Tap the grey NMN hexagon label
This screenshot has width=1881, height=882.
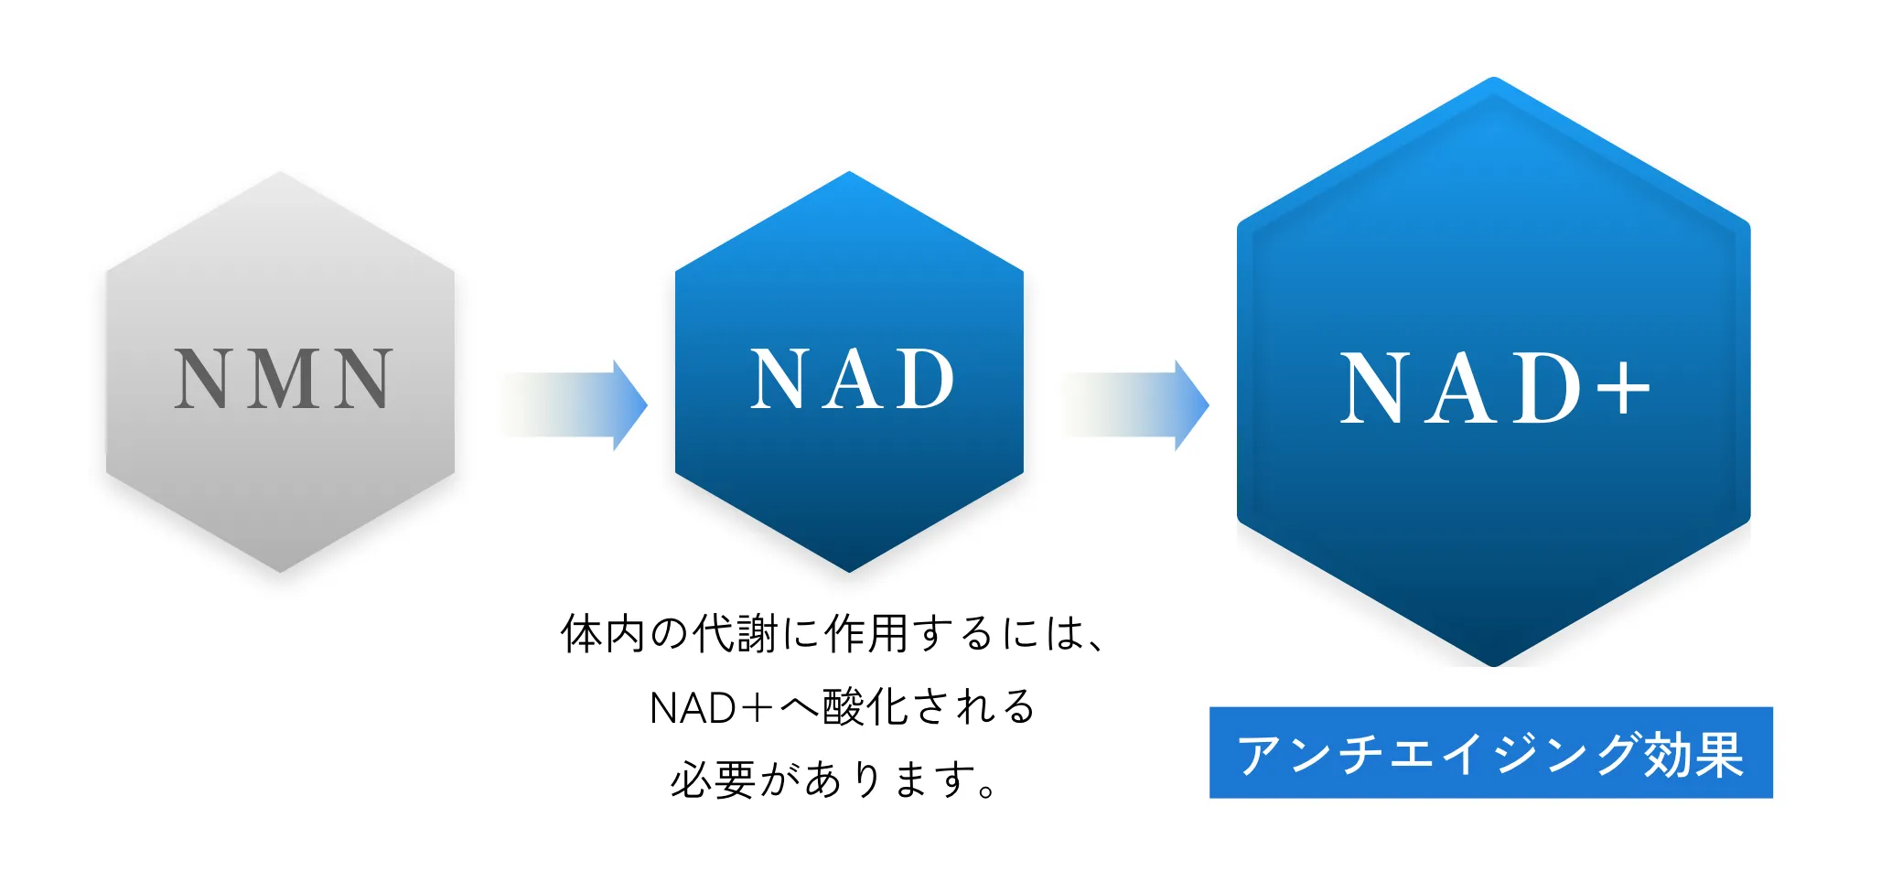tap(284, 378)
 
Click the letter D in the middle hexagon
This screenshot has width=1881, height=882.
tap(925, 379)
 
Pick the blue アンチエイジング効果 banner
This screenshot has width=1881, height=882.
tap(1490, 752)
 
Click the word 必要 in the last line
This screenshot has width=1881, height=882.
tap(713, 780)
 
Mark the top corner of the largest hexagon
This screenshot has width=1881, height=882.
tap(1493, 81)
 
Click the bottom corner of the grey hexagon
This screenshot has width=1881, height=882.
tap(281, 570)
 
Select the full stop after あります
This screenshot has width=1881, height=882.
tap(986, 790)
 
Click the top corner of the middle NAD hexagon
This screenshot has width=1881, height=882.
tap(849, 174)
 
